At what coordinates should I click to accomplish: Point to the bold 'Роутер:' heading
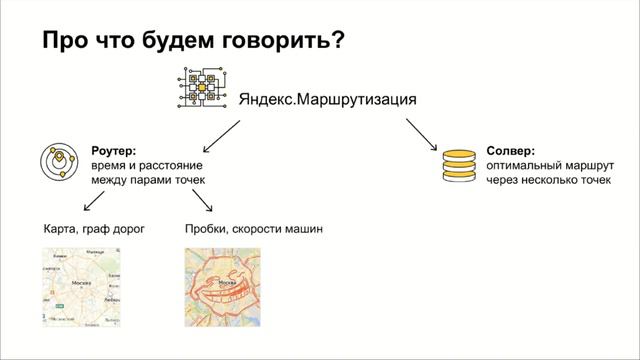tap(113, 148)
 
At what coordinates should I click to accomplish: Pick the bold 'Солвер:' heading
tap(509, 148)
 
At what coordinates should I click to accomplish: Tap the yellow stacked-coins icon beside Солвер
tap(458, 166)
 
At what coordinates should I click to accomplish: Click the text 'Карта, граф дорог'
tap(94, 229)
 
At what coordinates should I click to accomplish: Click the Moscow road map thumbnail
tap(81, 287)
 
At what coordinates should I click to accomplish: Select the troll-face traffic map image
tap(222, 287)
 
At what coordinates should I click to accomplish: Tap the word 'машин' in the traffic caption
tap(302, 229)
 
